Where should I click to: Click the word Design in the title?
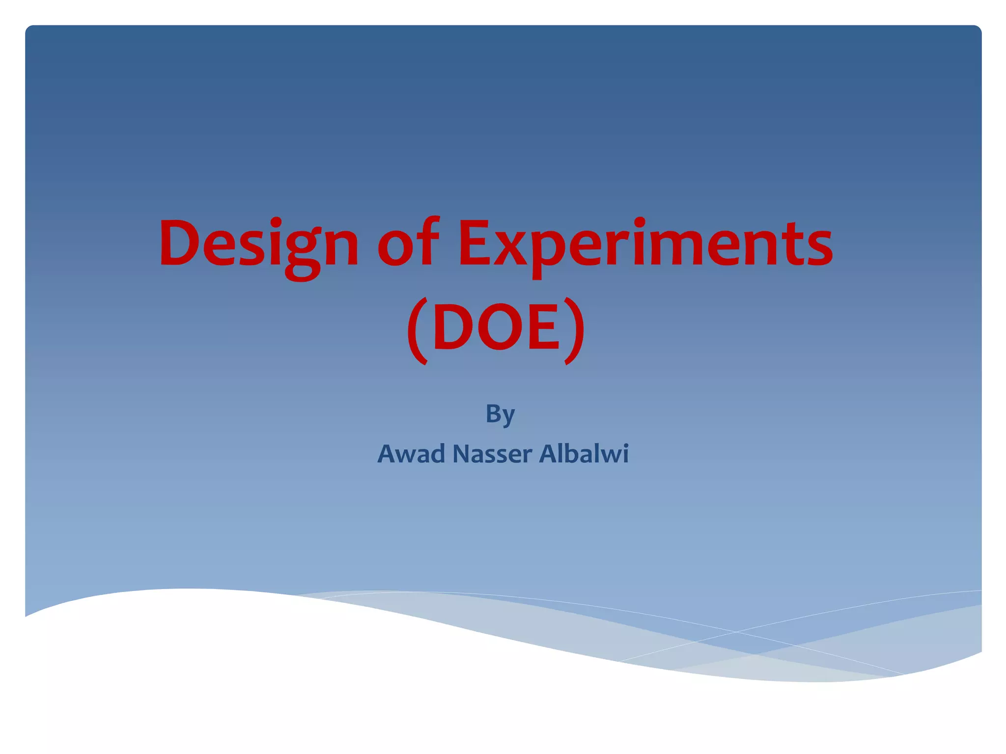[x=259, y=244]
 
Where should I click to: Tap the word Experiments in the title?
[x=644, y=244]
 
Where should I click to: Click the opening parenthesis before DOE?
[x=418, y=330]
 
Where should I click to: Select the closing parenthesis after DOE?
[x=574, y=330]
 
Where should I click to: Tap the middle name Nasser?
[x=492, y=454]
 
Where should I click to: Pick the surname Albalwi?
[x=584, y=454]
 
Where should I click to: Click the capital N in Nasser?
[x=460, y=454]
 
